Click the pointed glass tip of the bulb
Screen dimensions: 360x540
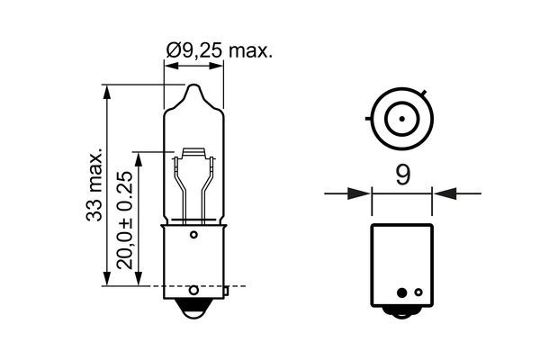(x=193, y=90)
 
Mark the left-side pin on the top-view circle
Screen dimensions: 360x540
(x=370, y=116)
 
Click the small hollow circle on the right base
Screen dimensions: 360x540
(x=401, y=293)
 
